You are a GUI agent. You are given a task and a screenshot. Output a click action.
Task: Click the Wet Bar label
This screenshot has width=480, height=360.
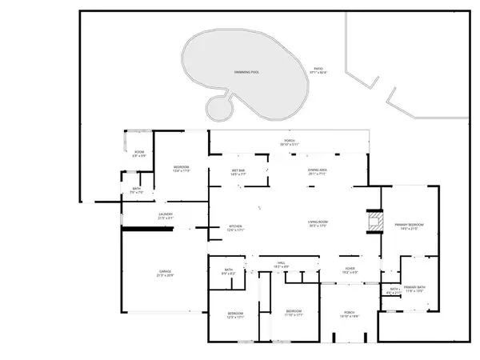pos(238,171)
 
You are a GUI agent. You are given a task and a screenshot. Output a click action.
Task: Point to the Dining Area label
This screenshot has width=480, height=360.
pos(317,171)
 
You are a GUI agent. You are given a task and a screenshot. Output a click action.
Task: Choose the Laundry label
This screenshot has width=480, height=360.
pos(166,215)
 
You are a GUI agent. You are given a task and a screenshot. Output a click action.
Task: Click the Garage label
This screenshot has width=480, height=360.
pos(165,273)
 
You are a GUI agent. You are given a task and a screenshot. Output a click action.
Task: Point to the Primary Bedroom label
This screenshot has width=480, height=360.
pos(409,226)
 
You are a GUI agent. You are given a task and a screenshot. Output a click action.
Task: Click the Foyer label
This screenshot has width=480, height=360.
pos(350,270)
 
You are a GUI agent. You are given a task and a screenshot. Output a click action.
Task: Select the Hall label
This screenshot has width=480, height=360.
pos(282,264)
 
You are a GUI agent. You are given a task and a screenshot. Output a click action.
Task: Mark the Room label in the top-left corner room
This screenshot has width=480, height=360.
pos(139,153)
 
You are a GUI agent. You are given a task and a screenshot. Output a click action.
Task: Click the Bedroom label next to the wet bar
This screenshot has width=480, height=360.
pos(182,168)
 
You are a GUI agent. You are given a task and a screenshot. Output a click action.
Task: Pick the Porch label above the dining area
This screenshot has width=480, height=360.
pos(289,142)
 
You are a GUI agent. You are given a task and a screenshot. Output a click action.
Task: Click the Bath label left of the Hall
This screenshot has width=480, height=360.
pos(229,271)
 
